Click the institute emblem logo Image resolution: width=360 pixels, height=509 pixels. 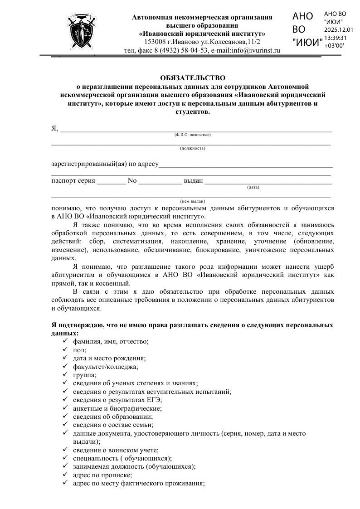[x=81, y=32]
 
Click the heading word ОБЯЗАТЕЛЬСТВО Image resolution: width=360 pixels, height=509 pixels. [x=192, y=78]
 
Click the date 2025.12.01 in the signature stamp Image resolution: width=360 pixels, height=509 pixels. [x=339, y=29]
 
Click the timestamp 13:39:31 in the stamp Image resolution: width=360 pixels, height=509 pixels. [x=336, y=38]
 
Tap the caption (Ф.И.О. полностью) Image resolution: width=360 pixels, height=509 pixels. [x=192, y=135]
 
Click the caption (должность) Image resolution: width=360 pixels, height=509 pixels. [x=192, y=148]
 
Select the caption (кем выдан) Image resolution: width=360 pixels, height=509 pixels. [x=193, y=201]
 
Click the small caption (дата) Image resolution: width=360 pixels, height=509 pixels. [x=253, y=187]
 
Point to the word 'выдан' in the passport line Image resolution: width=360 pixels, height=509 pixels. [x=193, y=181]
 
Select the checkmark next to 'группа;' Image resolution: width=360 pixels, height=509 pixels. [x=65, y=375]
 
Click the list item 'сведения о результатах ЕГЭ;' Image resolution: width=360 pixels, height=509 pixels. [x=117, y=400]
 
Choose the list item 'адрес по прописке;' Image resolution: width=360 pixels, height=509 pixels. [x=102, y=475]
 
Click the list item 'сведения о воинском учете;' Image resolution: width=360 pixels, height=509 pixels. [x=116, y=450]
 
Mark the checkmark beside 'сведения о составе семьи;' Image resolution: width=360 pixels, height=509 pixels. [x=65, y=425]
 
